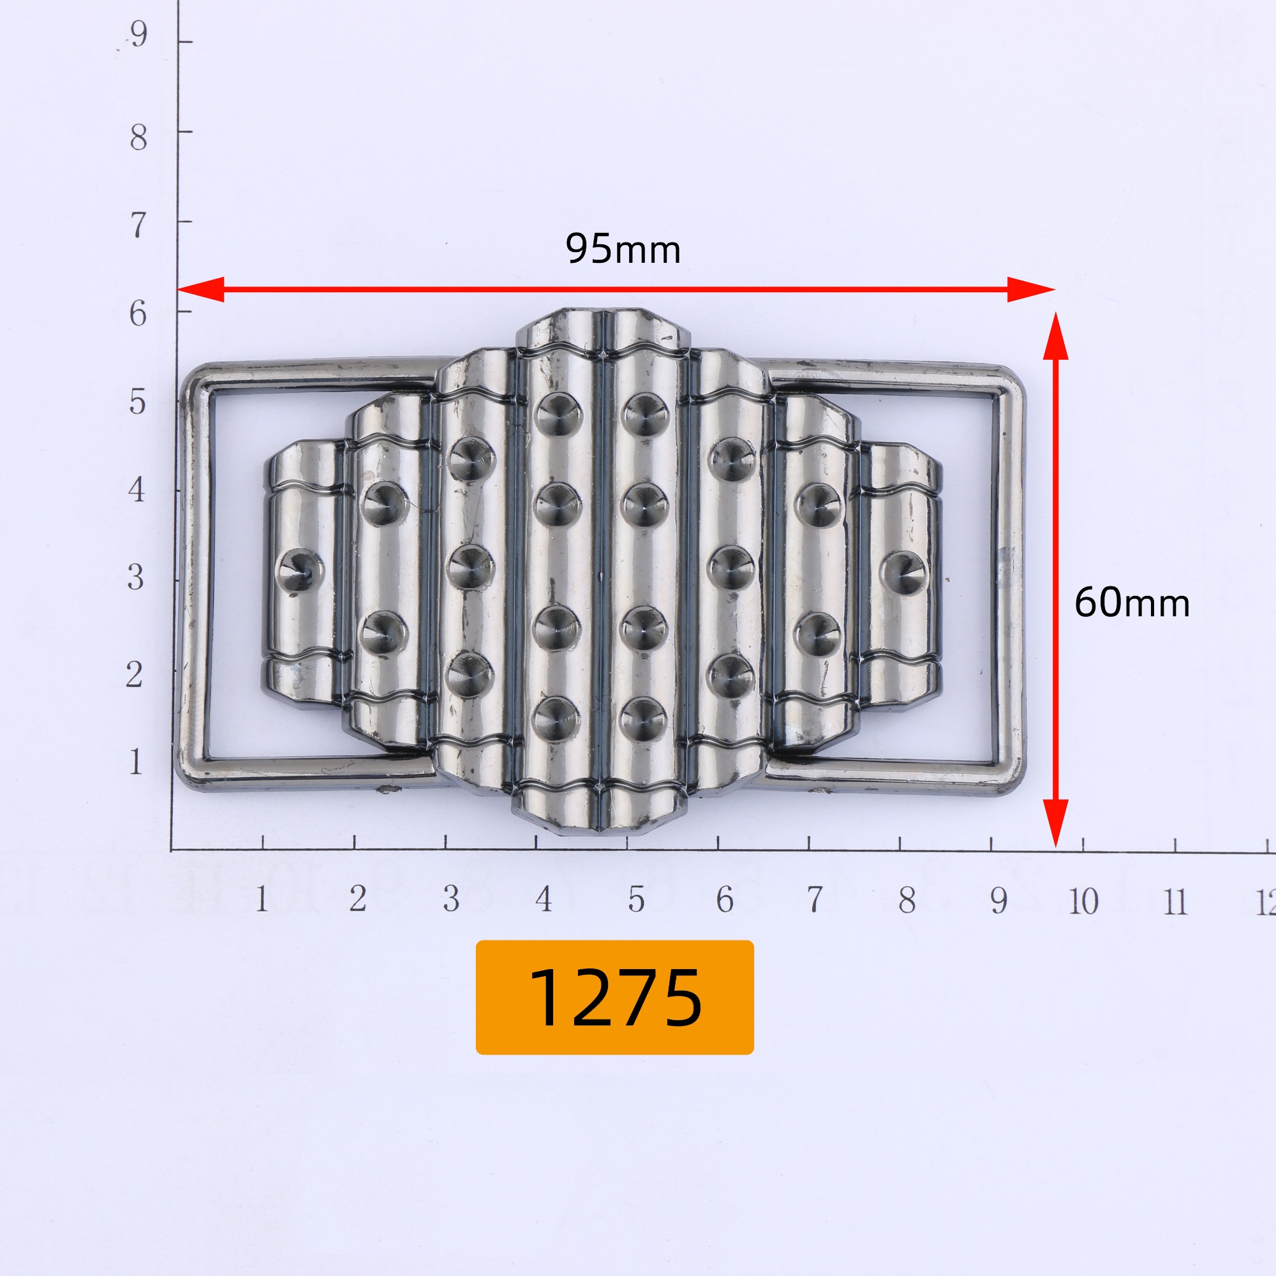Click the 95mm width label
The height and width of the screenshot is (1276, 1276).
click(x=623, y=249)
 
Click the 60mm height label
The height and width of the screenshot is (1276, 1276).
click(x=1132, y=603)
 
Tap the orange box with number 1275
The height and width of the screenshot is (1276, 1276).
click(x=614, y=997)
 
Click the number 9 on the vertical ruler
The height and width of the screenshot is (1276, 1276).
click(x=137, y=33)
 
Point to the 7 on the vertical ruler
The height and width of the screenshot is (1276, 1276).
click(x=137, y=225)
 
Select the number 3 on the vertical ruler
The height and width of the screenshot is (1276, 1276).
click(x=135, y=577)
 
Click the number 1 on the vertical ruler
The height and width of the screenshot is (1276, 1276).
click(x=135, y=762)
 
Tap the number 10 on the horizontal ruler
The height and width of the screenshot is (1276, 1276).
click(x=1083, y=901)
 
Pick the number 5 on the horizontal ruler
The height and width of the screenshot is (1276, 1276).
click(x=636, y=899)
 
